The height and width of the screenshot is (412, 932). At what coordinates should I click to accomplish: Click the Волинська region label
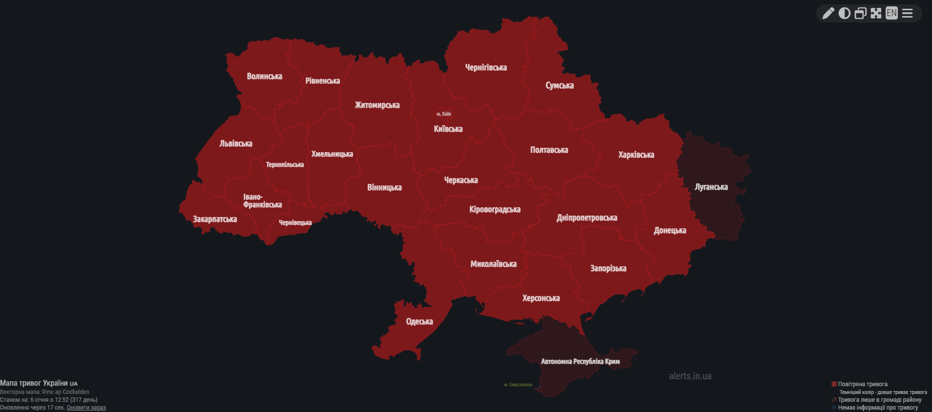coord(264,76)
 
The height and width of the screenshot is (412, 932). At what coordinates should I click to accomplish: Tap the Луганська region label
coord(711,187)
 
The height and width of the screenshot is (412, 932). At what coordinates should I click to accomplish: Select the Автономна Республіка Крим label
coord(580,361)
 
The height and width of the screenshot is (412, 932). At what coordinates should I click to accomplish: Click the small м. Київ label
coord(444,114)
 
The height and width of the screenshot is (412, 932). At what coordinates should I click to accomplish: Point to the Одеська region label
coord(419,321)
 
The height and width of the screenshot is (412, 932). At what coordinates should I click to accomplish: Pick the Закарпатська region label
coord(215,219)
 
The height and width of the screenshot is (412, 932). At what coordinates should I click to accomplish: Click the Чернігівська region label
coord(486,67)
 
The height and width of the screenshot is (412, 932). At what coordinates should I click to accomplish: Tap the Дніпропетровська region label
coord(587,217)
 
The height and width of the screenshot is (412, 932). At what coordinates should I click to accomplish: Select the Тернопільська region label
coord(284,164)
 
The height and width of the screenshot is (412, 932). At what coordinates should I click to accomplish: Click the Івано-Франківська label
coord(262,201)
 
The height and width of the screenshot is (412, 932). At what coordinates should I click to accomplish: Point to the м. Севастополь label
coord(518,385)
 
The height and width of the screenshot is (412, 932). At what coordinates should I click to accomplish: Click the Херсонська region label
coord(541,298)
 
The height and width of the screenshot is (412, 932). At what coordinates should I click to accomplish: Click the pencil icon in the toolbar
coord(828,13)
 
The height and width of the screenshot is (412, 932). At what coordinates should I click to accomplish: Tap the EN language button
coord(891,13)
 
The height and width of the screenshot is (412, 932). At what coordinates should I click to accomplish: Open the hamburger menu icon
coord(907,13)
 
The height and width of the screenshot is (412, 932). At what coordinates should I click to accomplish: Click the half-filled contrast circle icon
coord(844,13)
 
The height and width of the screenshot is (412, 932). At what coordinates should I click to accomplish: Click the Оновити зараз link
coord(86,408)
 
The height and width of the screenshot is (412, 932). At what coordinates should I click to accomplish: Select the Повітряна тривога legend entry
coord(862,384)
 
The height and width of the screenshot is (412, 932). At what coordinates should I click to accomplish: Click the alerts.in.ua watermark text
coord(690,376)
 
